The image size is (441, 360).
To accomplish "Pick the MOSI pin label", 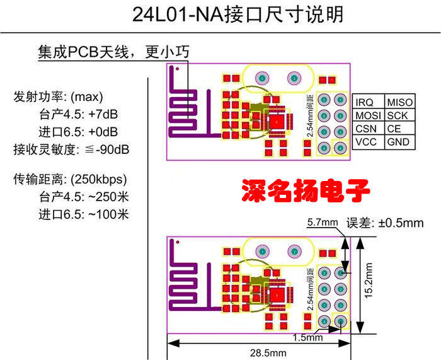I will pos(368,116).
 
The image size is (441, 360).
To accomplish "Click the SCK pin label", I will pos(397,116).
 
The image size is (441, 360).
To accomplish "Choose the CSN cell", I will pos(366,129).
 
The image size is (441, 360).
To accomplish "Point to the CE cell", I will pos(394,129).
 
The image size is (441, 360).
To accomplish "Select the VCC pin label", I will pos(366,142).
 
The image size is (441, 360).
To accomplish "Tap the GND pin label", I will pos(398,142).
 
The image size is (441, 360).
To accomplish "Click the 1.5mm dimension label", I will pos(307,337).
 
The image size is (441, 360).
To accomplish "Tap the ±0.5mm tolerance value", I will pos(399,223).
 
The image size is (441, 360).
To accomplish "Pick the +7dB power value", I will pos(106,116).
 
